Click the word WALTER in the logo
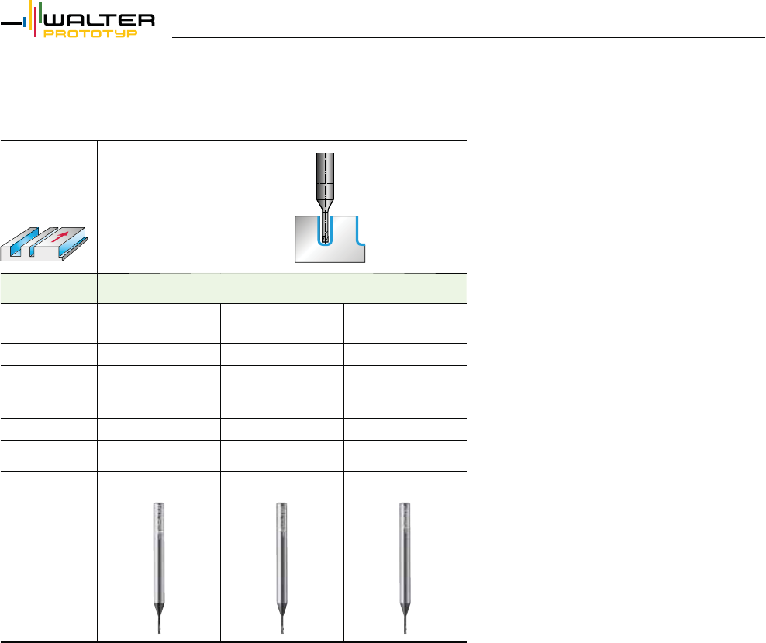pyautogui.click(x=100, y=20)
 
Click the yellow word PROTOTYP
pyautogui.click(x=91, y=33)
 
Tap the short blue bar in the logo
pyautogui.click(x=25, y=22)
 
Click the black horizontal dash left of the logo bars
pyautogui.click(x=11, y=23)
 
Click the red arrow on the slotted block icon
pyautogui.click(x=60, y=237)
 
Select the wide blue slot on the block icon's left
pyautogui.click(x=19, y=243)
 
